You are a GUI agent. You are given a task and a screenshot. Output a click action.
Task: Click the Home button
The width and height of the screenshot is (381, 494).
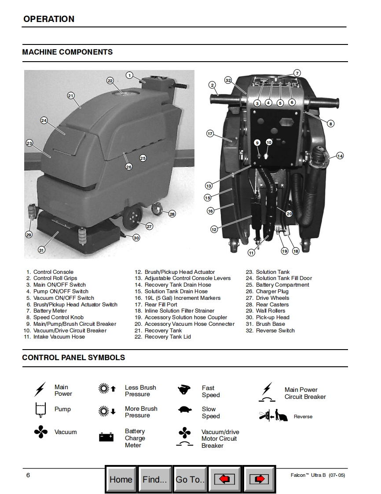coord(121,479)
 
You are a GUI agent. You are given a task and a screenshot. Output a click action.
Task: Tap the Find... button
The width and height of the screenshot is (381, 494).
coord(155,479)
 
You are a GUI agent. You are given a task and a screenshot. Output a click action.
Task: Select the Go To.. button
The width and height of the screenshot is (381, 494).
coord(190,479)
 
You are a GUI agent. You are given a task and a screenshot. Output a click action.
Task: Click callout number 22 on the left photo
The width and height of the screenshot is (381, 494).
coord(110,81)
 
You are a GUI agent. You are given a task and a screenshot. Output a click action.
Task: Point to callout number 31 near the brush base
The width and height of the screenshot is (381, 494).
coord(41,250)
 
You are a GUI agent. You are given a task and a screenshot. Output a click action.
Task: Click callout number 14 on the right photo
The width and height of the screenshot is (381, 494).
coord(340,155)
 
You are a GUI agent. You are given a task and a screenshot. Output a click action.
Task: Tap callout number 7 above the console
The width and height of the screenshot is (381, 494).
coord(297,73)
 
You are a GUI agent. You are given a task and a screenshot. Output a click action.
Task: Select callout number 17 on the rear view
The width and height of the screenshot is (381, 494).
coord(210,133)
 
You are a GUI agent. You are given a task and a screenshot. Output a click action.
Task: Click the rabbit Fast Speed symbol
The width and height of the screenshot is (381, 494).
coord(184,390)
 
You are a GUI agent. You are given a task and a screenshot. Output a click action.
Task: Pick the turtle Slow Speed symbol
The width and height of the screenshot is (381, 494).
coord(185,410)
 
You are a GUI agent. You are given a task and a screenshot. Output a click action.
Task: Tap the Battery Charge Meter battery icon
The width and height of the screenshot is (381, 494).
coord(106,437)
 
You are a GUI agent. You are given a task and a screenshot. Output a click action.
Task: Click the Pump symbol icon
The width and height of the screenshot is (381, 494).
coord(40,410)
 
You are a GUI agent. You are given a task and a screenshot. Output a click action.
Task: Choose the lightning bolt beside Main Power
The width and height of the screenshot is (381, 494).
coord(40,389)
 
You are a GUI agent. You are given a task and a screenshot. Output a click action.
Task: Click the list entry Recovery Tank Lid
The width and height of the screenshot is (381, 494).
coord(168,337)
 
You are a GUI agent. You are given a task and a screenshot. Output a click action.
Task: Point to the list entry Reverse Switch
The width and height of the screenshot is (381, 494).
coord(275,330)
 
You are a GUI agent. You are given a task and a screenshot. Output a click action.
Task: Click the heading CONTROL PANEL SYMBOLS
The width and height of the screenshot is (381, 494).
coord(73,358)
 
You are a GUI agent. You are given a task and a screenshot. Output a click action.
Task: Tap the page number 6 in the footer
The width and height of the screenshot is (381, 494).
coord(28,475)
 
